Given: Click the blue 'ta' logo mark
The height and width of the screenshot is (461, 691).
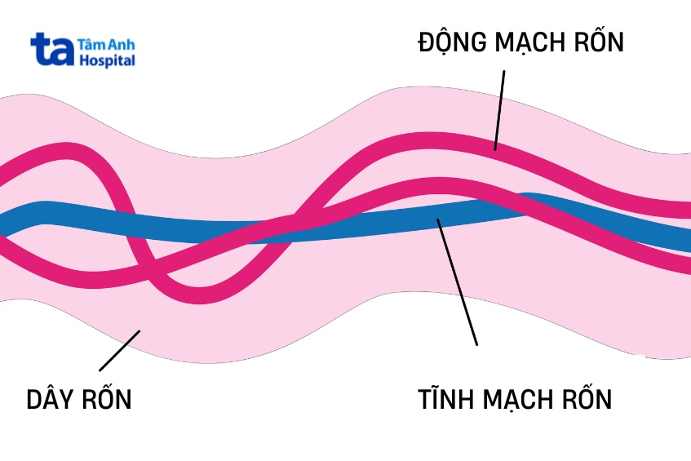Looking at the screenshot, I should [52, 50].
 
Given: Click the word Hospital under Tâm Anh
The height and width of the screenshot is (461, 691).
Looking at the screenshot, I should [107, 60].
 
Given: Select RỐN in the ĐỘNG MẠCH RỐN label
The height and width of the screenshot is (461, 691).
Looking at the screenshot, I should [600, 42].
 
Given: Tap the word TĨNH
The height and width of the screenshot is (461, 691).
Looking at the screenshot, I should [445, 400].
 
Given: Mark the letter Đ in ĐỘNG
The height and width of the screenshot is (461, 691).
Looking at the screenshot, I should [427, 42].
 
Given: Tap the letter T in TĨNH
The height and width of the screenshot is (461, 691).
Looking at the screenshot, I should [425, 400].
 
